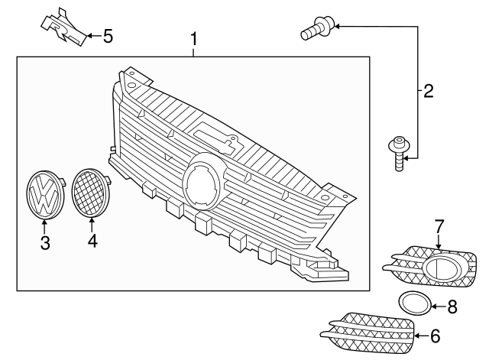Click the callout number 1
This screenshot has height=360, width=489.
point(194,38)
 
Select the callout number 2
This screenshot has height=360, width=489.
point(428,92)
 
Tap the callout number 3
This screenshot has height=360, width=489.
point(45,243)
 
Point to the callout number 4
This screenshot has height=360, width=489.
point(92,242)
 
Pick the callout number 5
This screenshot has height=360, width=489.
point(108,35)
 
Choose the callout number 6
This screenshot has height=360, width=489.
point(435,335)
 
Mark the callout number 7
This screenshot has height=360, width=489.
point(439,226)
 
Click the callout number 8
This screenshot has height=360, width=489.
point(452,307)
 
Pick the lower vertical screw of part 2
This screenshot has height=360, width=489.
point(398,154)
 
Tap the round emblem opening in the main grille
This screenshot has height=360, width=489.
point(204,181)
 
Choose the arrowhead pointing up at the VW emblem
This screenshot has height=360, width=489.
point(45,222)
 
